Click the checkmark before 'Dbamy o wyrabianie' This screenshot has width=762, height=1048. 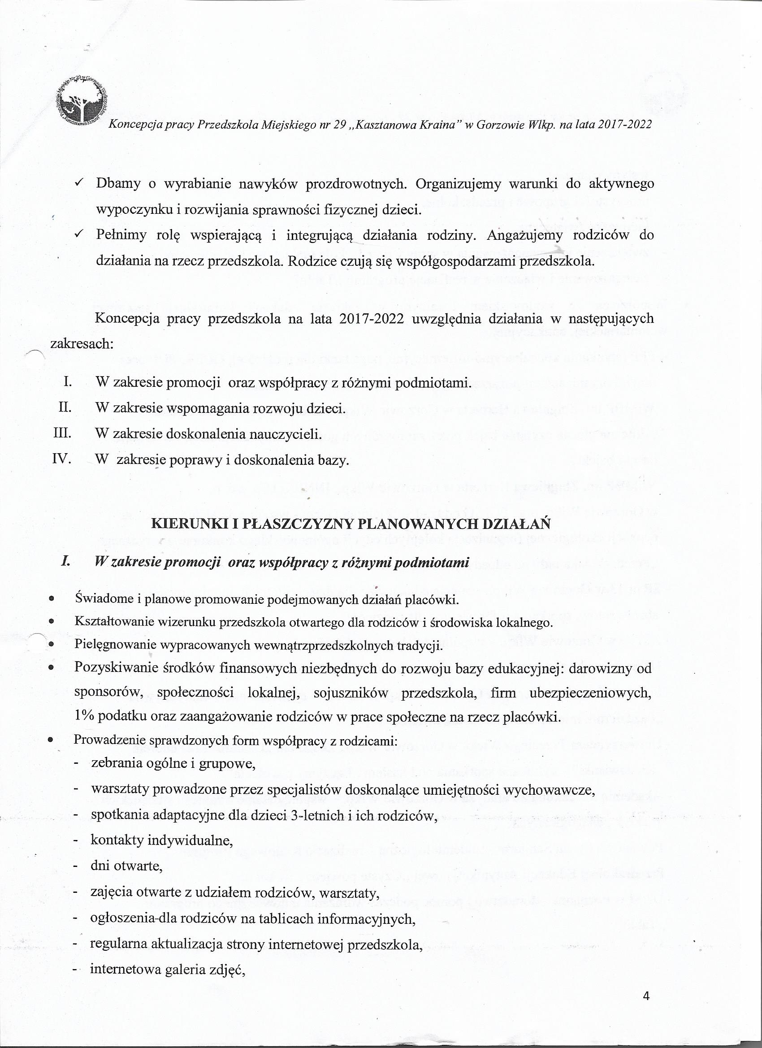pyautogui.click(x=79, y=183)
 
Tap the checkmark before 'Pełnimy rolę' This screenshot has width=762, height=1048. pyautogui.click(x=79, y=235)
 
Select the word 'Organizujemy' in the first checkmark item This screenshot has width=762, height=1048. pyautogui.click(x=458, y=183)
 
